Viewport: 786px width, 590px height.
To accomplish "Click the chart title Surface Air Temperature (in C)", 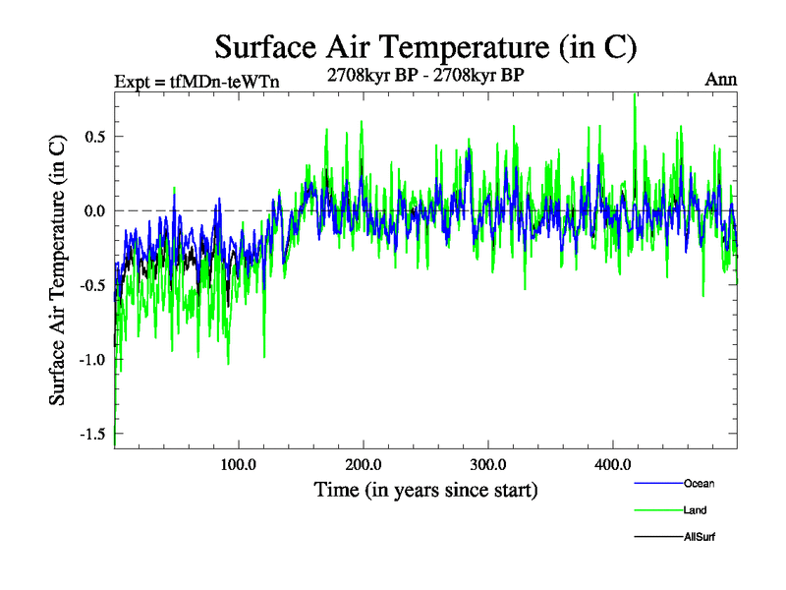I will coord(426,46).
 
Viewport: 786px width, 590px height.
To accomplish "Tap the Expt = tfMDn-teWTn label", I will coord(196,82).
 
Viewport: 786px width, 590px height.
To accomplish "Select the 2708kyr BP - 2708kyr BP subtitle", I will coord(425,74).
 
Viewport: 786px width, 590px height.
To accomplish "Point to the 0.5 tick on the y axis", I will coord(94,136).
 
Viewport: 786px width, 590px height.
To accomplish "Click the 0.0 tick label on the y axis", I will coord(94,210).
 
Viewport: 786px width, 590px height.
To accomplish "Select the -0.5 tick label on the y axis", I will coord(92,285).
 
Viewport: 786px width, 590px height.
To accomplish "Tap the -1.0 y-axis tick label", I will coord(92,360).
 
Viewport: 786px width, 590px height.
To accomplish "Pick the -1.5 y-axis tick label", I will coord(92,434).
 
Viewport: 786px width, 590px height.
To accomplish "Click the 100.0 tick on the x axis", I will coord(239,464).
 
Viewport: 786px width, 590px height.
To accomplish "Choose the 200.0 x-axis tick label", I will coord(364,464).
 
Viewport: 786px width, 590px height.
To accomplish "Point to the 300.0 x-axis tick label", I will coord(487,464).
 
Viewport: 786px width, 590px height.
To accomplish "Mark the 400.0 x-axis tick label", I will coord(612,464).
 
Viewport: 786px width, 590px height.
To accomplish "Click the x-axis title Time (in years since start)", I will coord(425,489).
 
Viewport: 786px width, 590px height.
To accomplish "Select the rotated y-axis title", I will coord(59,270).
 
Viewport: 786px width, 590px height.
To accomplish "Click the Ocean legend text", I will coord(699,483).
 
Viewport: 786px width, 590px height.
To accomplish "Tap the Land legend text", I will coord(695,510).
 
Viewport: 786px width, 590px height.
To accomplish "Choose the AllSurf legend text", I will coord(701,537).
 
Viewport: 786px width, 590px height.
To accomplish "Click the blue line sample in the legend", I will coord(657,483).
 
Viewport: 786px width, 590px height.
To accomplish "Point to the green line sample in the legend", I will coord(657,510).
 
